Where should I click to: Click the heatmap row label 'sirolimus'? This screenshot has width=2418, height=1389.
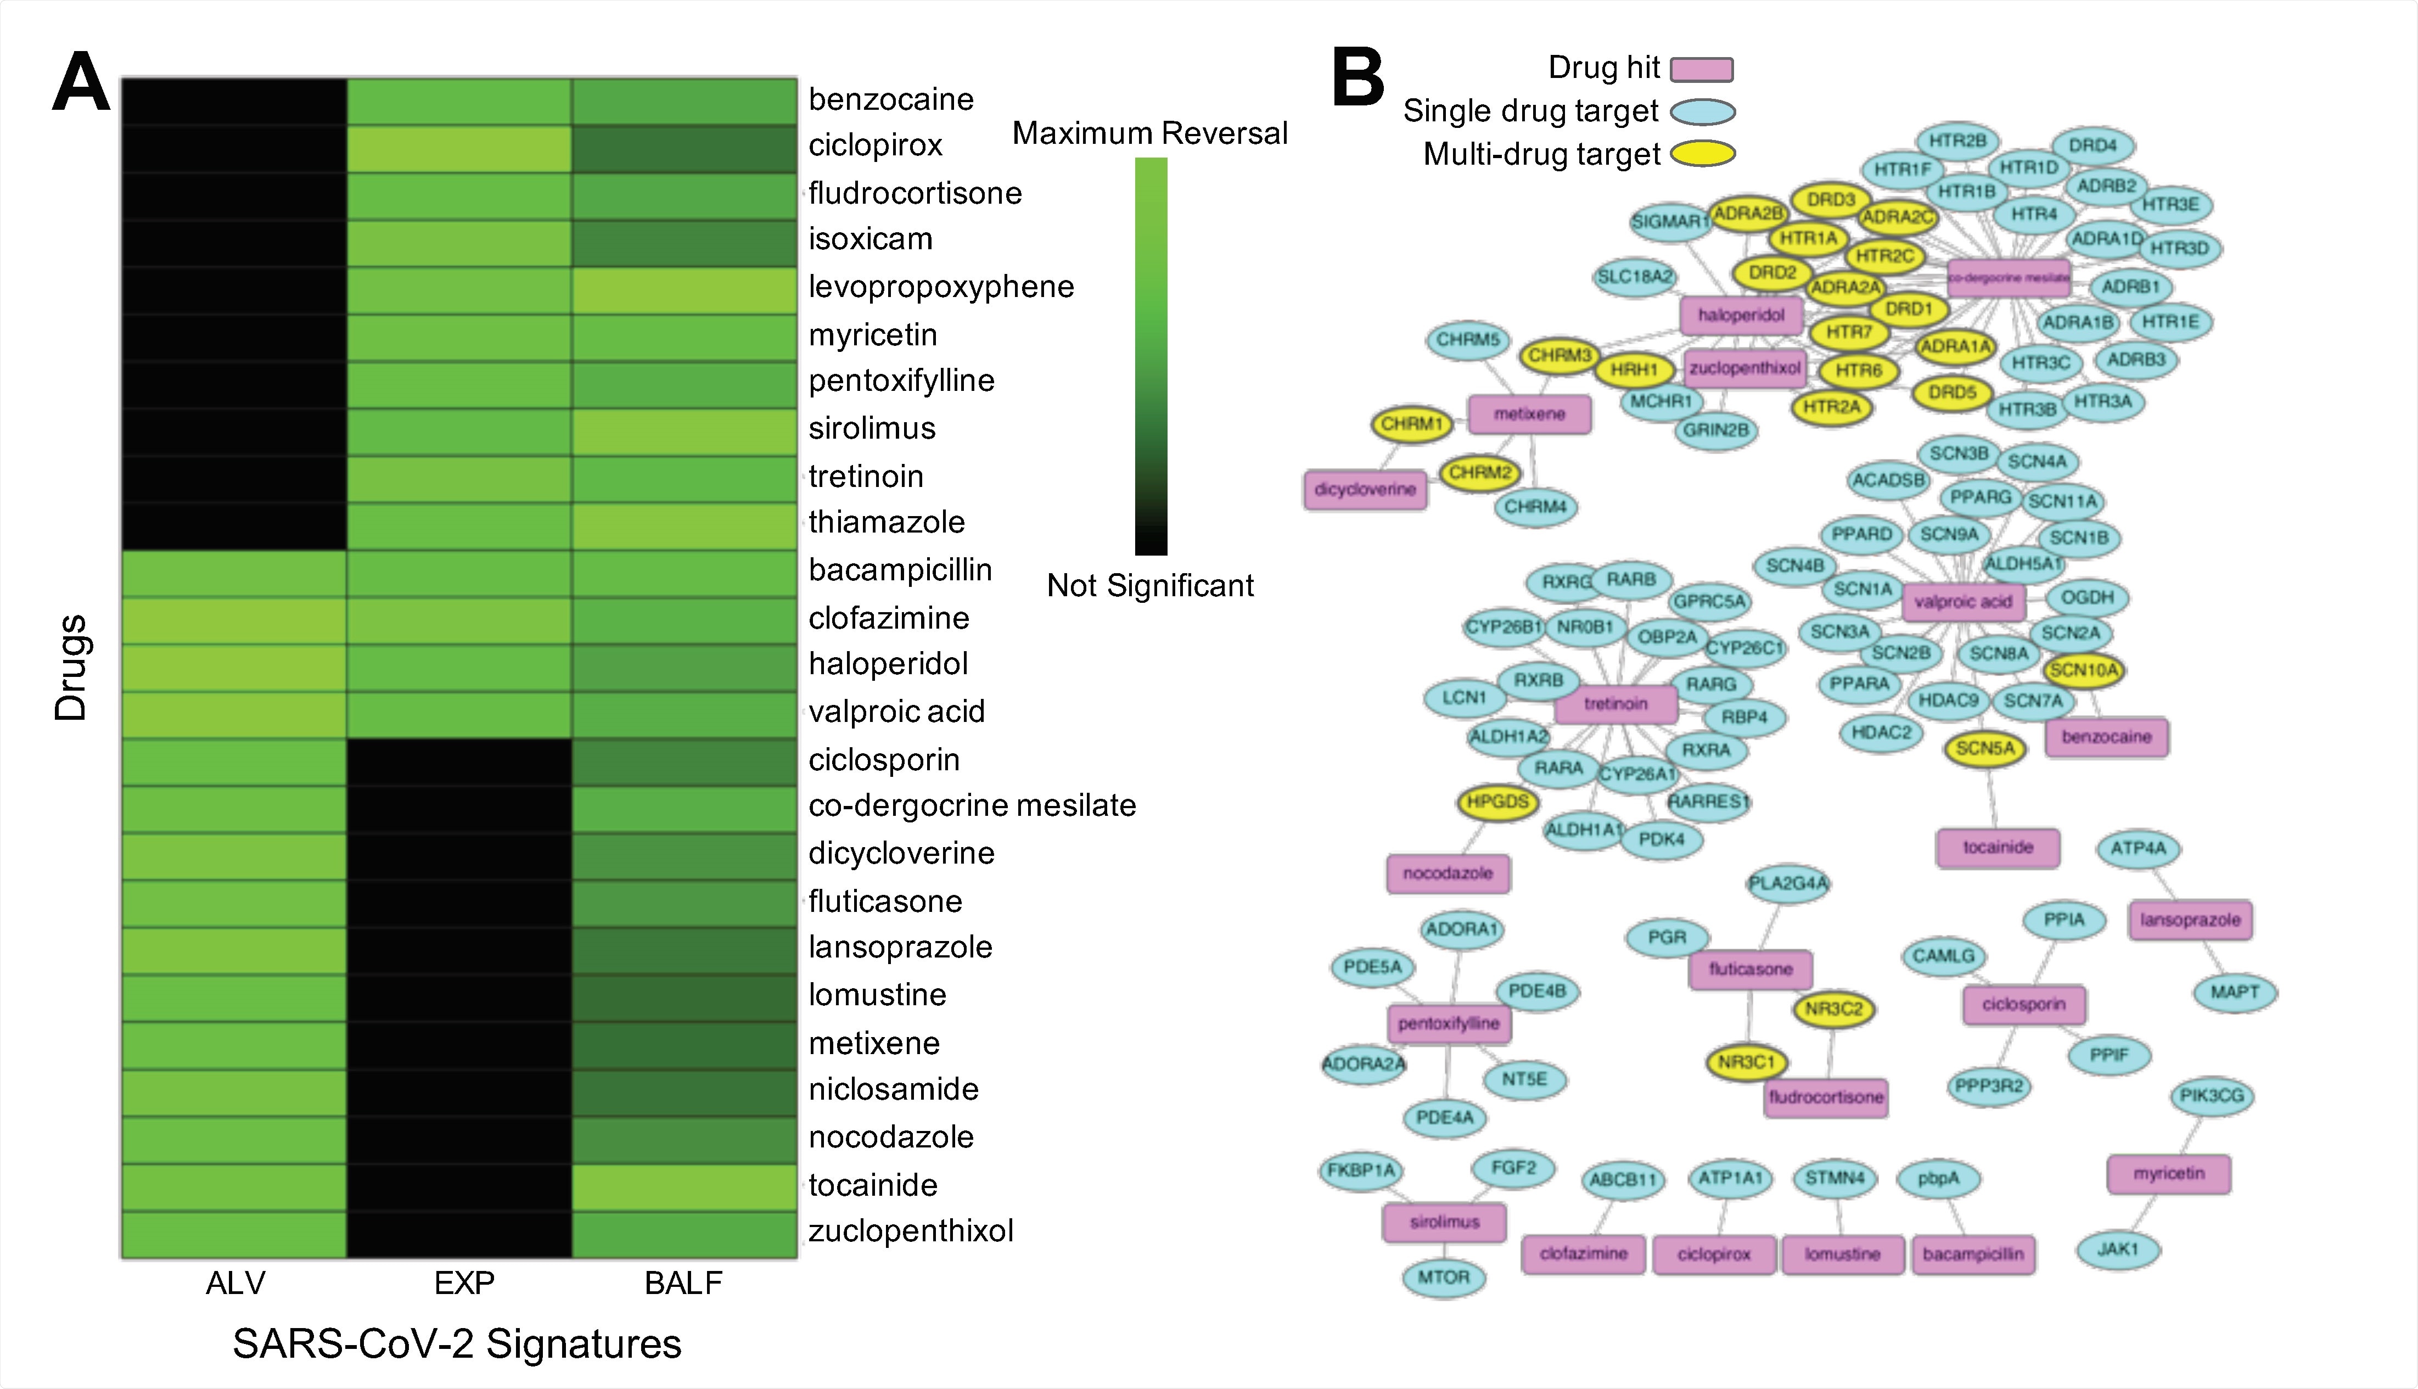click(872, 428)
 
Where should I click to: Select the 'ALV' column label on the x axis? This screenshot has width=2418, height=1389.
click(234, 1283)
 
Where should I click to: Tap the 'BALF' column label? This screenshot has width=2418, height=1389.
click(683, 1283)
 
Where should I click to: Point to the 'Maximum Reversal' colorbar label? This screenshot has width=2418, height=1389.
click(1149, 133)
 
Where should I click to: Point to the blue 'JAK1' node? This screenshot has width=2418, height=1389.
click(2118, 1249)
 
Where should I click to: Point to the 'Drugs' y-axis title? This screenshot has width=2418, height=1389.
click(71, 667)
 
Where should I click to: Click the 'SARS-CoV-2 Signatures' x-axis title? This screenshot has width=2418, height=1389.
click(457, 1344)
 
